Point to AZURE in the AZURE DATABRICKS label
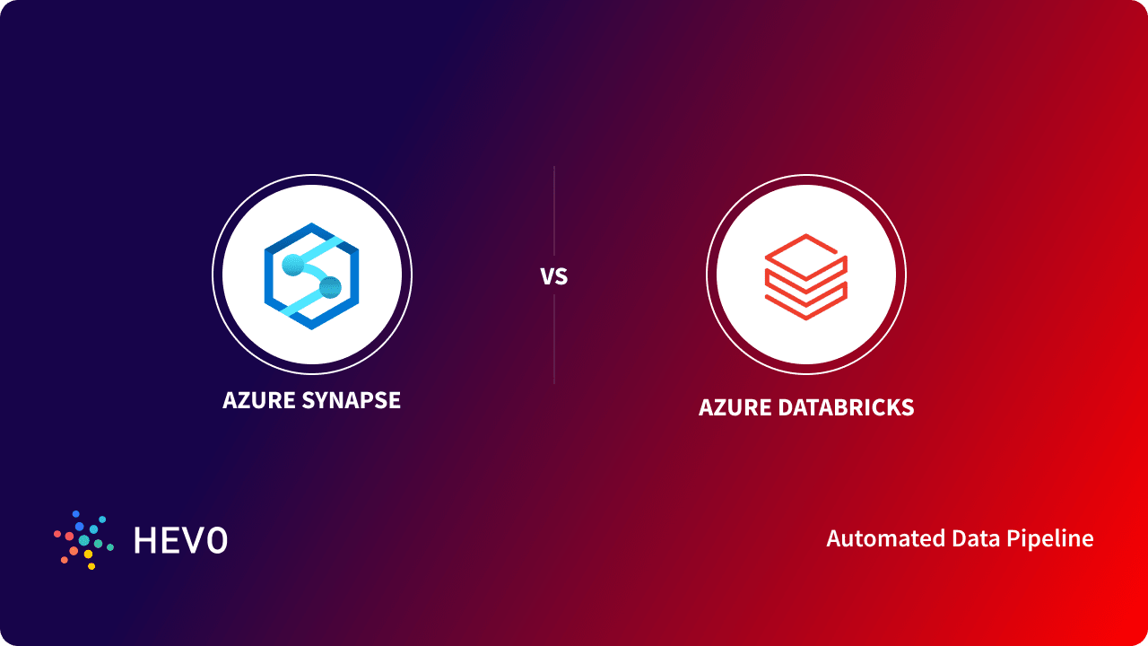pyautogui.click(x=736, y=407)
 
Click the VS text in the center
pyautogui.click(x=554, y=276)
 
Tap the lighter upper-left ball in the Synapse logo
pyautogui.click(x=293, y=265)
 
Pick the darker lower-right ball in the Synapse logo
pyautogui.click(x=330, y=287)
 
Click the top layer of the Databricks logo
pyautogui.click(x=805, y=250)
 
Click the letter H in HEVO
pyautogui.click(x=145, y=540)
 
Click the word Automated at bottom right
pyautogui.click(x=873, y=538)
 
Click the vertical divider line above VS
pyautogui.click(x=554, y=211)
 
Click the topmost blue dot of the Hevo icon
pyautogui.click(x=76, y=514)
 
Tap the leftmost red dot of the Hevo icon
pyautogui.click(x=57, y=534)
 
